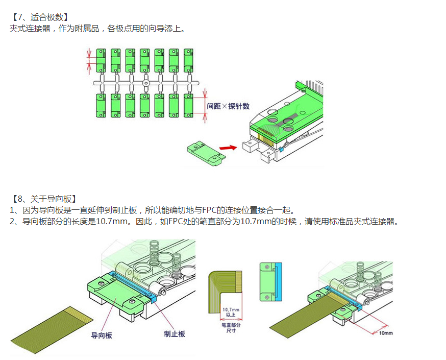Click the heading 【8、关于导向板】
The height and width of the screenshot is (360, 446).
[44, 198]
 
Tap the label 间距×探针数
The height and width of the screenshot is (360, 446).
[228, 106]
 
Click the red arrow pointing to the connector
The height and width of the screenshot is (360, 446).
[228, 148]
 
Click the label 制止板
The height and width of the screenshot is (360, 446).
[175, 334]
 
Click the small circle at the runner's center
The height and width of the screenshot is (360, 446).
[145, 83]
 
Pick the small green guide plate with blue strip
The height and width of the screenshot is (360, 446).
[270, 282]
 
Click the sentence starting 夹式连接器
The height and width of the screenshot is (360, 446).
[97, 29]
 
